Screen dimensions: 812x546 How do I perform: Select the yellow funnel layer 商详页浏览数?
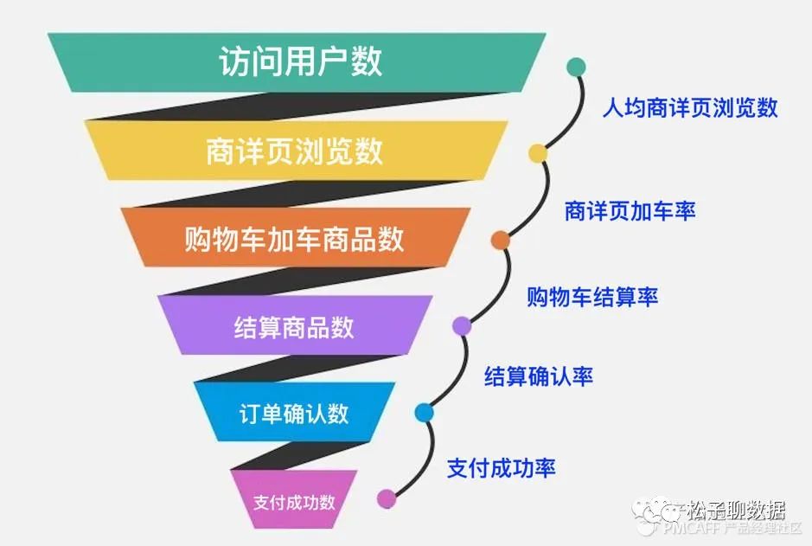[294, 151]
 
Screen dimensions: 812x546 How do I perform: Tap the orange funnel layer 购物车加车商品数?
[294, 238]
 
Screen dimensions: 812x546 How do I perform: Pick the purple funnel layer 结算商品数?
[294, 327]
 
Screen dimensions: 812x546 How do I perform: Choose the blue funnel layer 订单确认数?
[294, 413]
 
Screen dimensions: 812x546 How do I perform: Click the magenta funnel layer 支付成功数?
[294, 501]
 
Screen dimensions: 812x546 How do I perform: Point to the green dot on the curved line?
[576, 67]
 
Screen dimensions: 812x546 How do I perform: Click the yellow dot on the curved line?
[538, 154]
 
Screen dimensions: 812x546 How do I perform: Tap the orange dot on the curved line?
[500, 240]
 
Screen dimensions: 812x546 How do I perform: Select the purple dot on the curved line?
[462, 325]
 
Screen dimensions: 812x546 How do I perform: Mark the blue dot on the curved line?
[424, 412]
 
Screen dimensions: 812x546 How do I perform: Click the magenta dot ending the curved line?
[387, 498]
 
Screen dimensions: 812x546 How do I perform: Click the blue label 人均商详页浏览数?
[690, 108]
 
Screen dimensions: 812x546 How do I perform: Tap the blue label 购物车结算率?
[592, 297]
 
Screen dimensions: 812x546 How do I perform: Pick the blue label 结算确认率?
[538, 376]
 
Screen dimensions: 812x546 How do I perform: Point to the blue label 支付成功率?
[501, 468]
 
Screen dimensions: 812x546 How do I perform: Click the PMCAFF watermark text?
[692, 528]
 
